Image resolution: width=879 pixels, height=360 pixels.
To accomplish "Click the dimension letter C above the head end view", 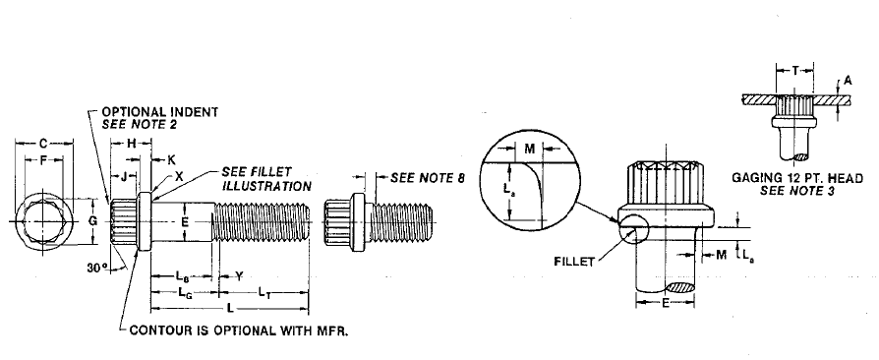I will (x=42, y=144).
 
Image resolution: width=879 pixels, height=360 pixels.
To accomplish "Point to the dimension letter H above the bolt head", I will (x=131, y=144).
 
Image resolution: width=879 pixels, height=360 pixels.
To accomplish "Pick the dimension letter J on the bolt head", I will (x=124, y=179).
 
